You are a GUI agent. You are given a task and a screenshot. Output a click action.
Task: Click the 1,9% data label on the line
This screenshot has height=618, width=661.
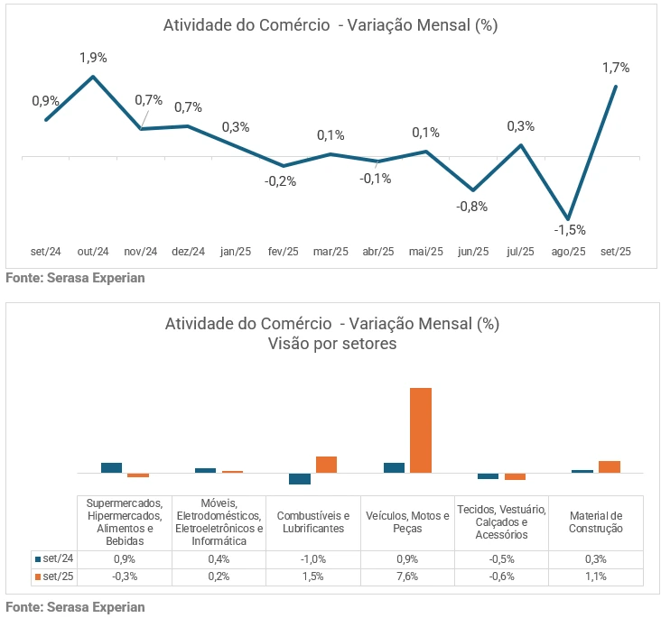93,58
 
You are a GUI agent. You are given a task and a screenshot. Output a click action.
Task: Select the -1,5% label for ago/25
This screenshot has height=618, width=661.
570,230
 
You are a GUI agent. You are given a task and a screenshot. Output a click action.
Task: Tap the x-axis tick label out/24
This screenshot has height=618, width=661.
93,252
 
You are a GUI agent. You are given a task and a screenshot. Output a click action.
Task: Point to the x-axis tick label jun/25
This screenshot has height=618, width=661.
473,252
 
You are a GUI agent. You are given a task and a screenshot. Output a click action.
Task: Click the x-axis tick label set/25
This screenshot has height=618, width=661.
616,252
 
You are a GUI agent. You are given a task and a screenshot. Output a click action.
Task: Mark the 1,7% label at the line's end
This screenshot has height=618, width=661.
616,68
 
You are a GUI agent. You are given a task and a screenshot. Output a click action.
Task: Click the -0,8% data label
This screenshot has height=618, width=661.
471,207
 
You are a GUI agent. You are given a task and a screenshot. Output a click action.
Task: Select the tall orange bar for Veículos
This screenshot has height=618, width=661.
421,429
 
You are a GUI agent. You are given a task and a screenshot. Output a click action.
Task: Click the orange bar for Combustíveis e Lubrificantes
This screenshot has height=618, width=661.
326,464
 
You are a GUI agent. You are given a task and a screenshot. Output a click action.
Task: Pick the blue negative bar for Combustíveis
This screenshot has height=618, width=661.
300,478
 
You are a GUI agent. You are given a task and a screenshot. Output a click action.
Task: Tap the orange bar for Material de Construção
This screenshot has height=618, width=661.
609,466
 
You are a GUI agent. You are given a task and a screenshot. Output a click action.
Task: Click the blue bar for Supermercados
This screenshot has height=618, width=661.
111,467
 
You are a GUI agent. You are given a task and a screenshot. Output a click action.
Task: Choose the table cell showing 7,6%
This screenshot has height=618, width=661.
407,576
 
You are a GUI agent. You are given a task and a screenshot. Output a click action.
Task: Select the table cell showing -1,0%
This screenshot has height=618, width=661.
312,558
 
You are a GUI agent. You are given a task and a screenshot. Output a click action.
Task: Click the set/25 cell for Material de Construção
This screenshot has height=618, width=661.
595,576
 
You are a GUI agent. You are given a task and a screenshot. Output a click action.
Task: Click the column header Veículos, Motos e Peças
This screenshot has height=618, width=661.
407,521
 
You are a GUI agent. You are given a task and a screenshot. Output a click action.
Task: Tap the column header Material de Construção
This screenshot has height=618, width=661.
595,521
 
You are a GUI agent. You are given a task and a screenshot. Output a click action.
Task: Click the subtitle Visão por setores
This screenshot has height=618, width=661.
331,344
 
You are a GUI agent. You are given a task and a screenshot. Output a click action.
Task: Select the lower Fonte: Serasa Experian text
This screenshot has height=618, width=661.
75,607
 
